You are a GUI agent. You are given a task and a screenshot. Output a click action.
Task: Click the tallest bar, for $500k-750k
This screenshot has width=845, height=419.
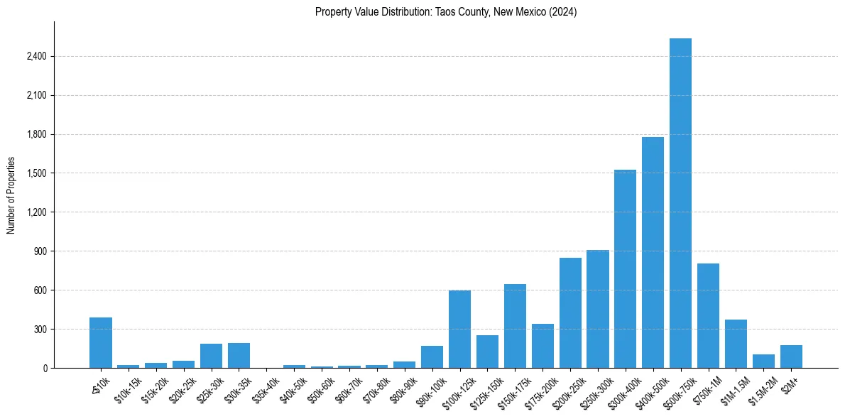coord(680,203)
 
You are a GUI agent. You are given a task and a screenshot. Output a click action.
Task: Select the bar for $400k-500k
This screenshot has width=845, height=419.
coord(653,252)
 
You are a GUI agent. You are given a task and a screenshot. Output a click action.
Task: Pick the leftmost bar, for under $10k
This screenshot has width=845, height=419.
coord(101,343)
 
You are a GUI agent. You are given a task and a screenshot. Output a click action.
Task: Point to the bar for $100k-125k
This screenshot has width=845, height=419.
coord(459,330)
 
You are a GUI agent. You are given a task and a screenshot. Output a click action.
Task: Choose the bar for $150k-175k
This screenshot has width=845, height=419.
coord(515,326)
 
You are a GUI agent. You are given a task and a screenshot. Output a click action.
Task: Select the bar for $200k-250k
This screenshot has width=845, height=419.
coord(570,313)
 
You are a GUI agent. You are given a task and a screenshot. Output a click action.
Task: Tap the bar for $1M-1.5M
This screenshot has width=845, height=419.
coord(736,344)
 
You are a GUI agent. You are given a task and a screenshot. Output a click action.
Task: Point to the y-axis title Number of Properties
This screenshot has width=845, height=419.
coord(11,195)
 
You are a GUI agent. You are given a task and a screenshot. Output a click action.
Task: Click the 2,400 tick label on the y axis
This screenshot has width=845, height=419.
coord(35,57)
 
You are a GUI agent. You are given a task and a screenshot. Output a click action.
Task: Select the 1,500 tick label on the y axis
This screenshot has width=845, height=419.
coord(35,173)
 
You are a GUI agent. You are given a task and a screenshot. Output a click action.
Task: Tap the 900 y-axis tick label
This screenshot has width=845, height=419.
coord(38,251)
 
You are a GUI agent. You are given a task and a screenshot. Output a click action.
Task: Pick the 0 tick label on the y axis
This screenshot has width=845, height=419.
coord(44,368)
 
